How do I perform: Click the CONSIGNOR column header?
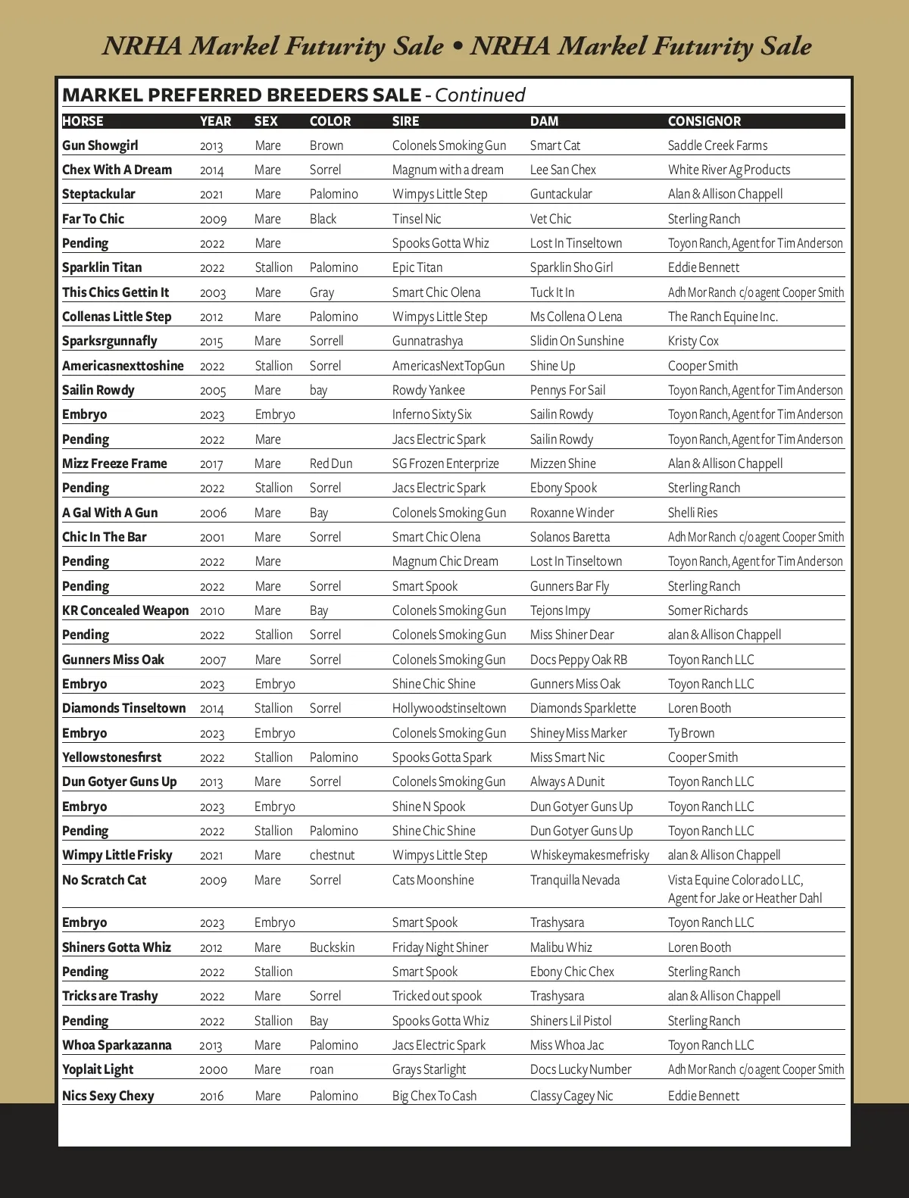coord(704,121)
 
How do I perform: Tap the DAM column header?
coord(544,121)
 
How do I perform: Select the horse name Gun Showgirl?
coord(100,145)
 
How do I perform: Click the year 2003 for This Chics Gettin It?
coord(213,293)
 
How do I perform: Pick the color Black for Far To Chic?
coord(323,219)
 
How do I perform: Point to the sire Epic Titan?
coord(417,267)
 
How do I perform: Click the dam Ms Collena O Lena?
coord(576,317)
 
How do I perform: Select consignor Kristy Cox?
coord(693,341)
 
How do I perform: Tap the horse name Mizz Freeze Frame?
coord(114,463)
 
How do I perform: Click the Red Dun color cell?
coord(331,463)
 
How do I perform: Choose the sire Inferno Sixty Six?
coord(432,414)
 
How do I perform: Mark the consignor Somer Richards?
coord(708,610)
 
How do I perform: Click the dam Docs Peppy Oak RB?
coord(579,660)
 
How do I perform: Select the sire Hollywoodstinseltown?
coord(449,708)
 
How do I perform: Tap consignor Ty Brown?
coord(691,733)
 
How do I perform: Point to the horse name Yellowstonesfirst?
coord(112,757)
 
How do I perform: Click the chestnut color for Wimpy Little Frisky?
coord(332,855)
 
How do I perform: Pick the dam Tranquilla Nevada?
coord(575,880)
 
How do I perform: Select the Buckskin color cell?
coord(332,947)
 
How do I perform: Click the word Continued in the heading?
coord(480,95)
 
